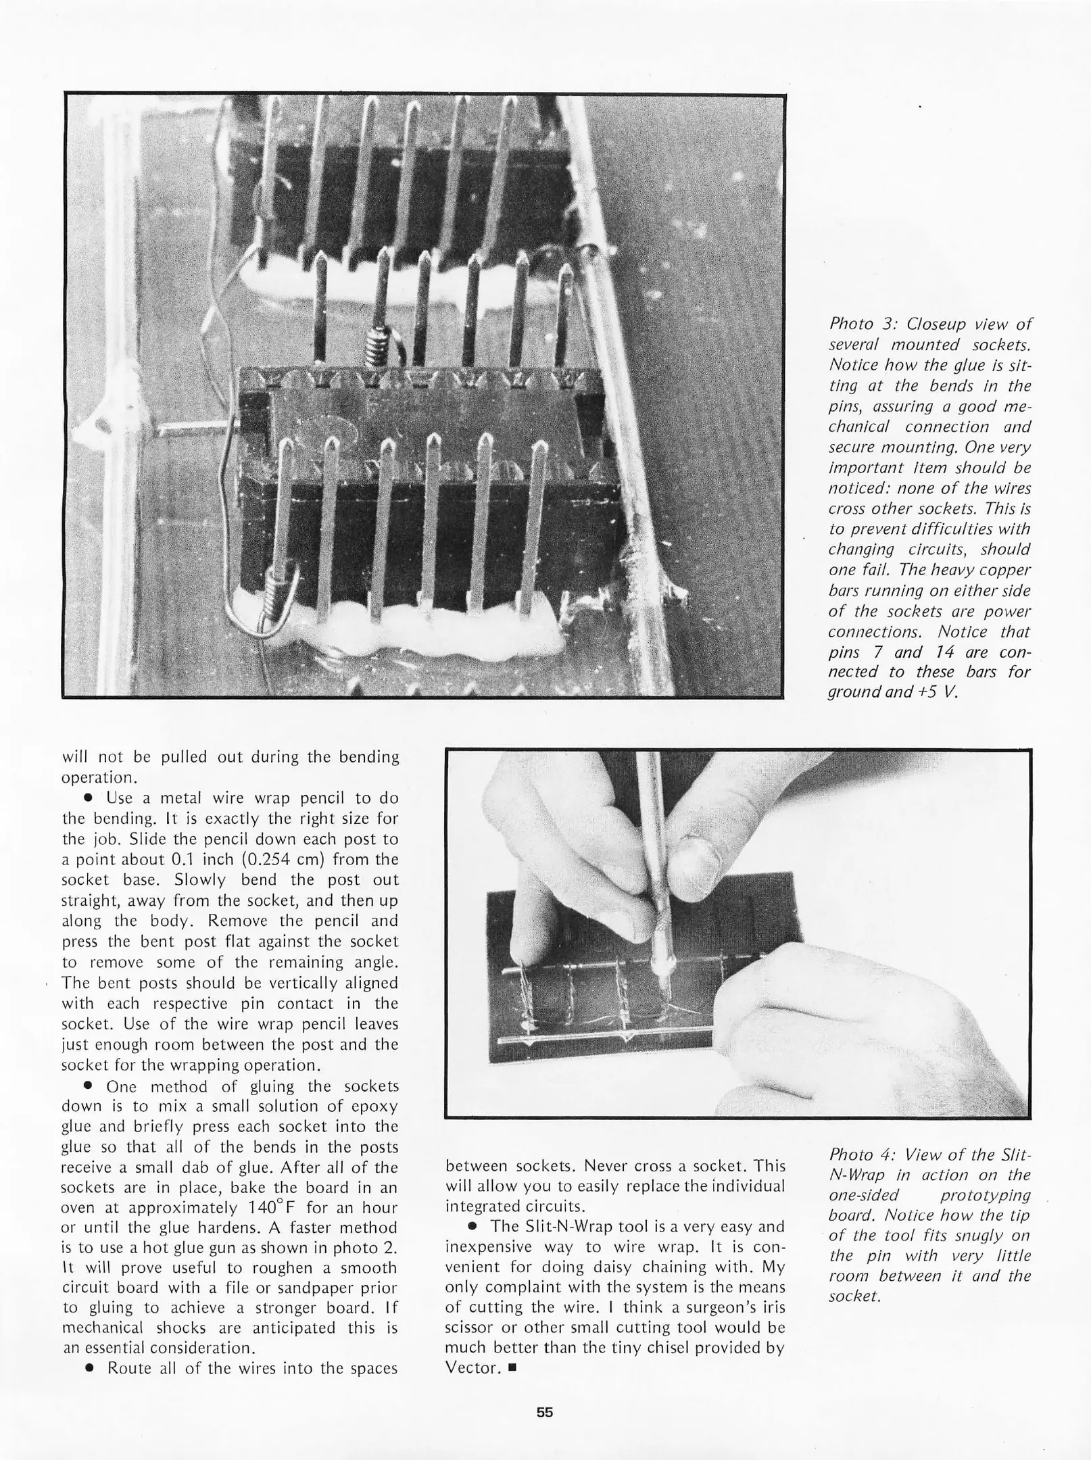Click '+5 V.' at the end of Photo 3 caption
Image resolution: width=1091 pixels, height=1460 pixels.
pyautogui.click(x=936, y=692)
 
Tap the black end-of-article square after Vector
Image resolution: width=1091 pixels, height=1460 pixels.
pyautogui.click(x=512, y=1368)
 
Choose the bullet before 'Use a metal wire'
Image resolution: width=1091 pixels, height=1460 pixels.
pyautogui.click(x=87, y=798)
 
